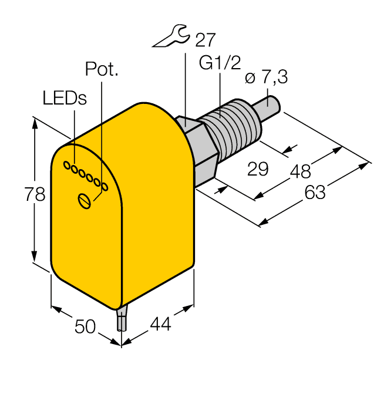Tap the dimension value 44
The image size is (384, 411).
pos(160,324)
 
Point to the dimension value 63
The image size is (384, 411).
pos(315,191)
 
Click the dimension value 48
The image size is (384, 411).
pos(300,171)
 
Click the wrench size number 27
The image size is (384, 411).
pos(205,40)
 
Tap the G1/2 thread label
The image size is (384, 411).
pos(220,63)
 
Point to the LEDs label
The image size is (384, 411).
pos(65,98)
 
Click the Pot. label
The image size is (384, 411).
pos(102,69)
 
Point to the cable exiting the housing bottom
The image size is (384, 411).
pos(121,320)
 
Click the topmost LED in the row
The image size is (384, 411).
pos(68,164)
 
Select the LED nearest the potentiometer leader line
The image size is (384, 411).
pos(105,187)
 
